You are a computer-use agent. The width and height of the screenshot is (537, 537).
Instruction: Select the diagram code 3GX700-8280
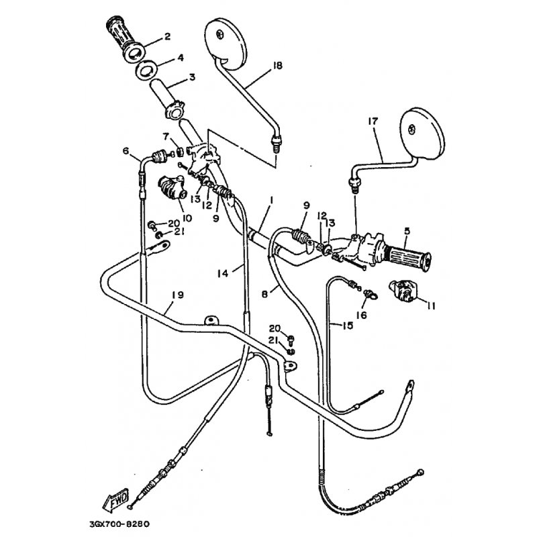[119, 524]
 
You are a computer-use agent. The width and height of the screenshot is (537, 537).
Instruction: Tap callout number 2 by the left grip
[167, 36]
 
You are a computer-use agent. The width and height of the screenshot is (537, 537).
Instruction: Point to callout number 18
[277, 65]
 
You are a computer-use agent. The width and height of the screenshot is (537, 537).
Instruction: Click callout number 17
[373, 121]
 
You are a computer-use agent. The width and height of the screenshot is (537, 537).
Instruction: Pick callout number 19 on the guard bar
[178, 295]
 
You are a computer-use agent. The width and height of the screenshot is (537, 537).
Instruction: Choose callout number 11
[431, 305]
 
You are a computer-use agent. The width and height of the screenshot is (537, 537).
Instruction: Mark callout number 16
[361, 314]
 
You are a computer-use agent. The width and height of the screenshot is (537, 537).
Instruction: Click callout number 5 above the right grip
[407, 230]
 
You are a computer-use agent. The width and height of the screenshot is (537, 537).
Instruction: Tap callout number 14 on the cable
[223, 273]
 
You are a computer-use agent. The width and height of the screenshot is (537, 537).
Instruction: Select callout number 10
[187, 217]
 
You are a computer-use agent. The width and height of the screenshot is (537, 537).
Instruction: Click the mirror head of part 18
[226, 44]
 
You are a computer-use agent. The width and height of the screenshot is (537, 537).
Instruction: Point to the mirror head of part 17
[424, 134]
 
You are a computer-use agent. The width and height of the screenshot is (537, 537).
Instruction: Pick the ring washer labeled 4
[148, 70]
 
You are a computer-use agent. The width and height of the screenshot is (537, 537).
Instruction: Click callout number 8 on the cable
[264, 293]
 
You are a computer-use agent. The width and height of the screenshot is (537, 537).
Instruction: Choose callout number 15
[347, 326]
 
